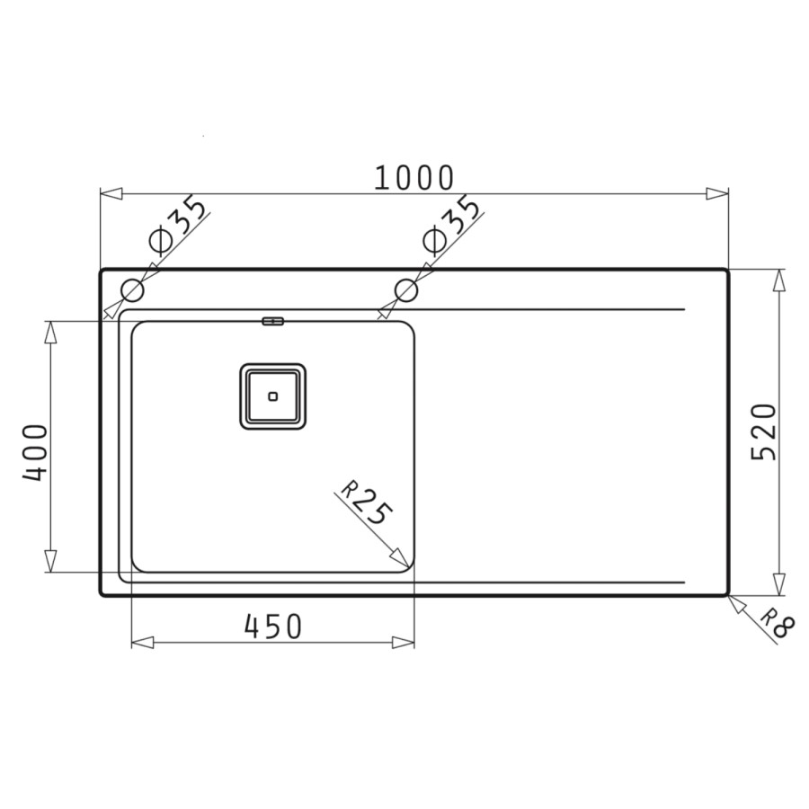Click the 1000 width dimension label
coord(413,177)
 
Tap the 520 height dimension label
coord(763,432)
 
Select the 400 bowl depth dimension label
coord(35,452)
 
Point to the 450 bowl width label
coord(273,627)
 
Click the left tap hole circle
coord(132,290)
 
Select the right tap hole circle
coord(406,290)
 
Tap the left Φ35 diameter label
coord(177,225)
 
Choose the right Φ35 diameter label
coord(451,225)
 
